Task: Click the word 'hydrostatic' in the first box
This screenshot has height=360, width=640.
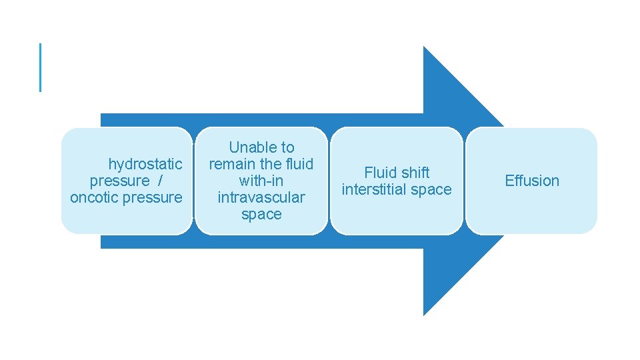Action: click(145, 164)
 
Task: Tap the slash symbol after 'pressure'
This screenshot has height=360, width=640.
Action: click(161, 181)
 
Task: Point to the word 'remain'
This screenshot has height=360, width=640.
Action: click(231, 164)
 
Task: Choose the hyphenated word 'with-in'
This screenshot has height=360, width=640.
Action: click(261, 181)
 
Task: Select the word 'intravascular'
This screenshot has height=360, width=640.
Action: click(261, 197)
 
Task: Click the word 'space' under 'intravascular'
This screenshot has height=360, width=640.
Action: click(261, 214)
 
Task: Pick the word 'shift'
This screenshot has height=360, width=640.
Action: click(416, 173)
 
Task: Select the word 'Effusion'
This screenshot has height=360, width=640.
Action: click(532, 181)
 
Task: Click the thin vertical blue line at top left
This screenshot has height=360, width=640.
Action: click(40, 67)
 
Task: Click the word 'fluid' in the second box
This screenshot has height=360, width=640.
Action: click(298, 164)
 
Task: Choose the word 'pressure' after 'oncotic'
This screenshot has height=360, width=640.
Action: click(152, 197)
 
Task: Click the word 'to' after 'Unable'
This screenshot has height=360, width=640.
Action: click(287, 147)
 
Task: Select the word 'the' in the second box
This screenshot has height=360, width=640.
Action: click(269, 164)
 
